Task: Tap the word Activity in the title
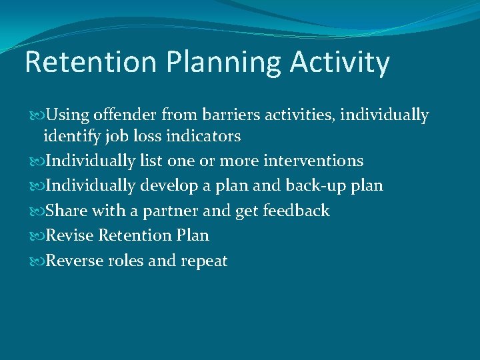340,63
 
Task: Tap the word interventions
313,161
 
